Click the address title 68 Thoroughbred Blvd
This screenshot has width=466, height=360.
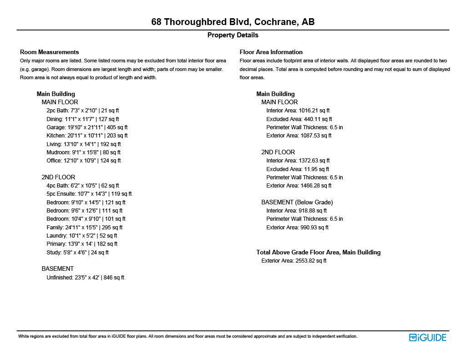(x=233, y=22)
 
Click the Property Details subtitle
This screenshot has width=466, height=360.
(x=233, y=35)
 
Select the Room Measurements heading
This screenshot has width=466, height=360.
(x=50, y=52)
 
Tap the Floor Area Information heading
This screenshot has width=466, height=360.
(x=271, y=52)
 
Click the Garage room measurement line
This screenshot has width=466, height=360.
(x=87, y=127)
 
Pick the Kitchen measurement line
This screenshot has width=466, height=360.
(x=87, y=136)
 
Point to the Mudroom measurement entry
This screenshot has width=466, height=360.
(x=84, y=152)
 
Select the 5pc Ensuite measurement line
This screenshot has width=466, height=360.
(x=89, y=194)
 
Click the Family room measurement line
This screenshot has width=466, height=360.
(x=85, y=228)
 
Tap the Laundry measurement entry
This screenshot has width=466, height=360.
(x=82, y=236)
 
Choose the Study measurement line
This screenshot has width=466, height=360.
(x=78, y=253)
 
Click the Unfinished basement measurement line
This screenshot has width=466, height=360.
(x=85, y=278)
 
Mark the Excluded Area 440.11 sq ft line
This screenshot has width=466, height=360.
(x=299, y=119)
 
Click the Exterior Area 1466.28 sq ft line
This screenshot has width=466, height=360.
(x=299, y=186)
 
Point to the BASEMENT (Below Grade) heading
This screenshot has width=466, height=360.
(x=297, y=202)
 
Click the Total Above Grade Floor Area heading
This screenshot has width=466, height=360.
(x=319, y=252)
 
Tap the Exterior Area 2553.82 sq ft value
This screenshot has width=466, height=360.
(x=294, y=261)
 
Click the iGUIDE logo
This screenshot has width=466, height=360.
(x=428, y=337)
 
